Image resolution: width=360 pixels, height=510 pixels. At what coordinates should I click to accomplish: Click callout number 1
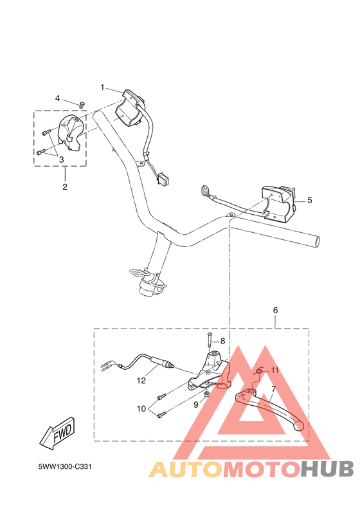point(102,87)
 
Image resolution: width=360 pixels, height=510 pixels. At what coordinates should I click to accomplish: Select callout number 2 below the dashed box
point(65,187)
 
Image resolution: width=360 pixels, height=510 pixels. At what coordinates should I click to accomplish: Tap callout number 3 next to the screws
point(62,159)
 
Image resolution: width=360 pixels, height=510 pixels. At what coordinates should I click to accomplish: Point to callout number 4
point(57,98)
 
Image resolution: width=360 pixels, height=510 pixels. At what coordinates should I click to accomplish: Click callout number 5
point(309,200)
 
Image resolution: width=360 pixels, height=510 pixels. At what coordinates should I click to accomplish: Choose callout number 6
point(275,310)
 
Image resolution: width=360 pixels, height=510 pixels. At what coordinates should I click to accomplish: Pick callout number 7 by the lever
point(273,389)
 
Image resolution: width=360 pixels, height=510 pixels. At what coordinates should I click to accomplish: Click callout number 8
point(222,341)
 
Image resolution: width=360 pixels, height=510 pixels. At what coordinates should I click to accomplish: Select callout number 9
point(196,405)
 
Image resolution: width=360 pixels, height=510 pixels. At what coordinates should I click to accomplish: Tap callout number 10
point(141,408)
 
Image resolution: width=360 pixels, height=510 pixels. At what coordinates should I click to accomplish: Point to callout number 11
point(274,370)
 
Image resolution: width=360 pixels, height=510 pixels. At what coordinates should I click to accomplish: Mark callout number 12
point(141,381)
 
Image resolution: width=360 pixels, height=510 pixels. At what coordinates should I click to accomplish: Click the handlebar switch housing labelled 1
point(130,109)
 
